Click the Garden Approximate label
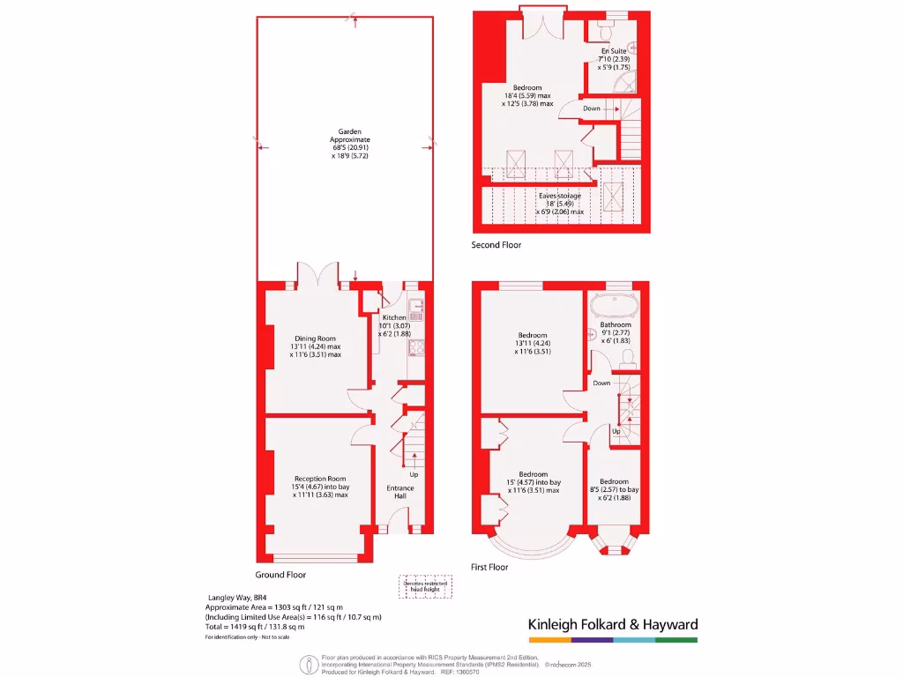345,139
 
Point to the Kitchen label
393,317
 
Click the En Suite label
614,51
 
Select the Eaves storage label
560,196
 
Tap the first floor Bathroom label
616,324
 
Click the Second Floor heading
500,245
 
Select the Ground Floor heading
280,575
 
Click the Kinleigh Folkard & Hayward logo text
613,624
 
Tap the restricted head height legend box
424,587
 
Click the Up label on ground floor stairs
414,475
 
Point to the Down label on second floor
591,108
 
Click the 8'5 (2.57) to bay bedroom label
615,489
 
